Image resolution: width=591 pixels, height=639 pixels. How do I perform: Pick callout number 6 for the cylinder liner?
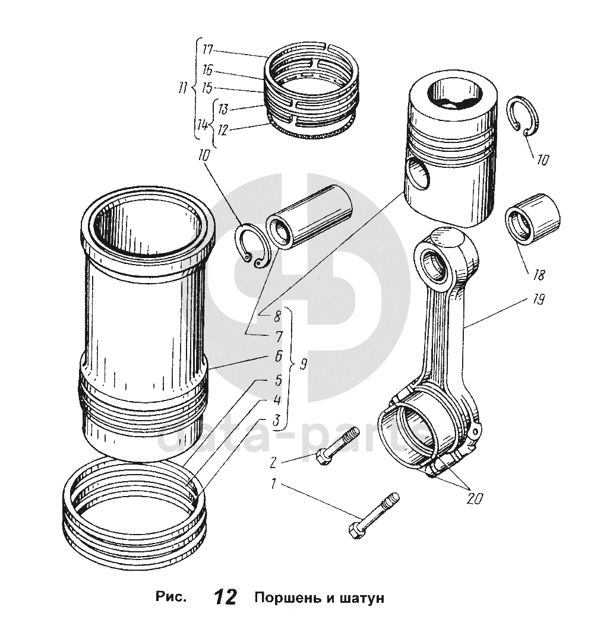pos(277,357)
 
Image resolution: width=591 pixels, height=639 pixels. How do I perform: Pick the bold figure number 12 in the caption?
pos(226,597)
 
